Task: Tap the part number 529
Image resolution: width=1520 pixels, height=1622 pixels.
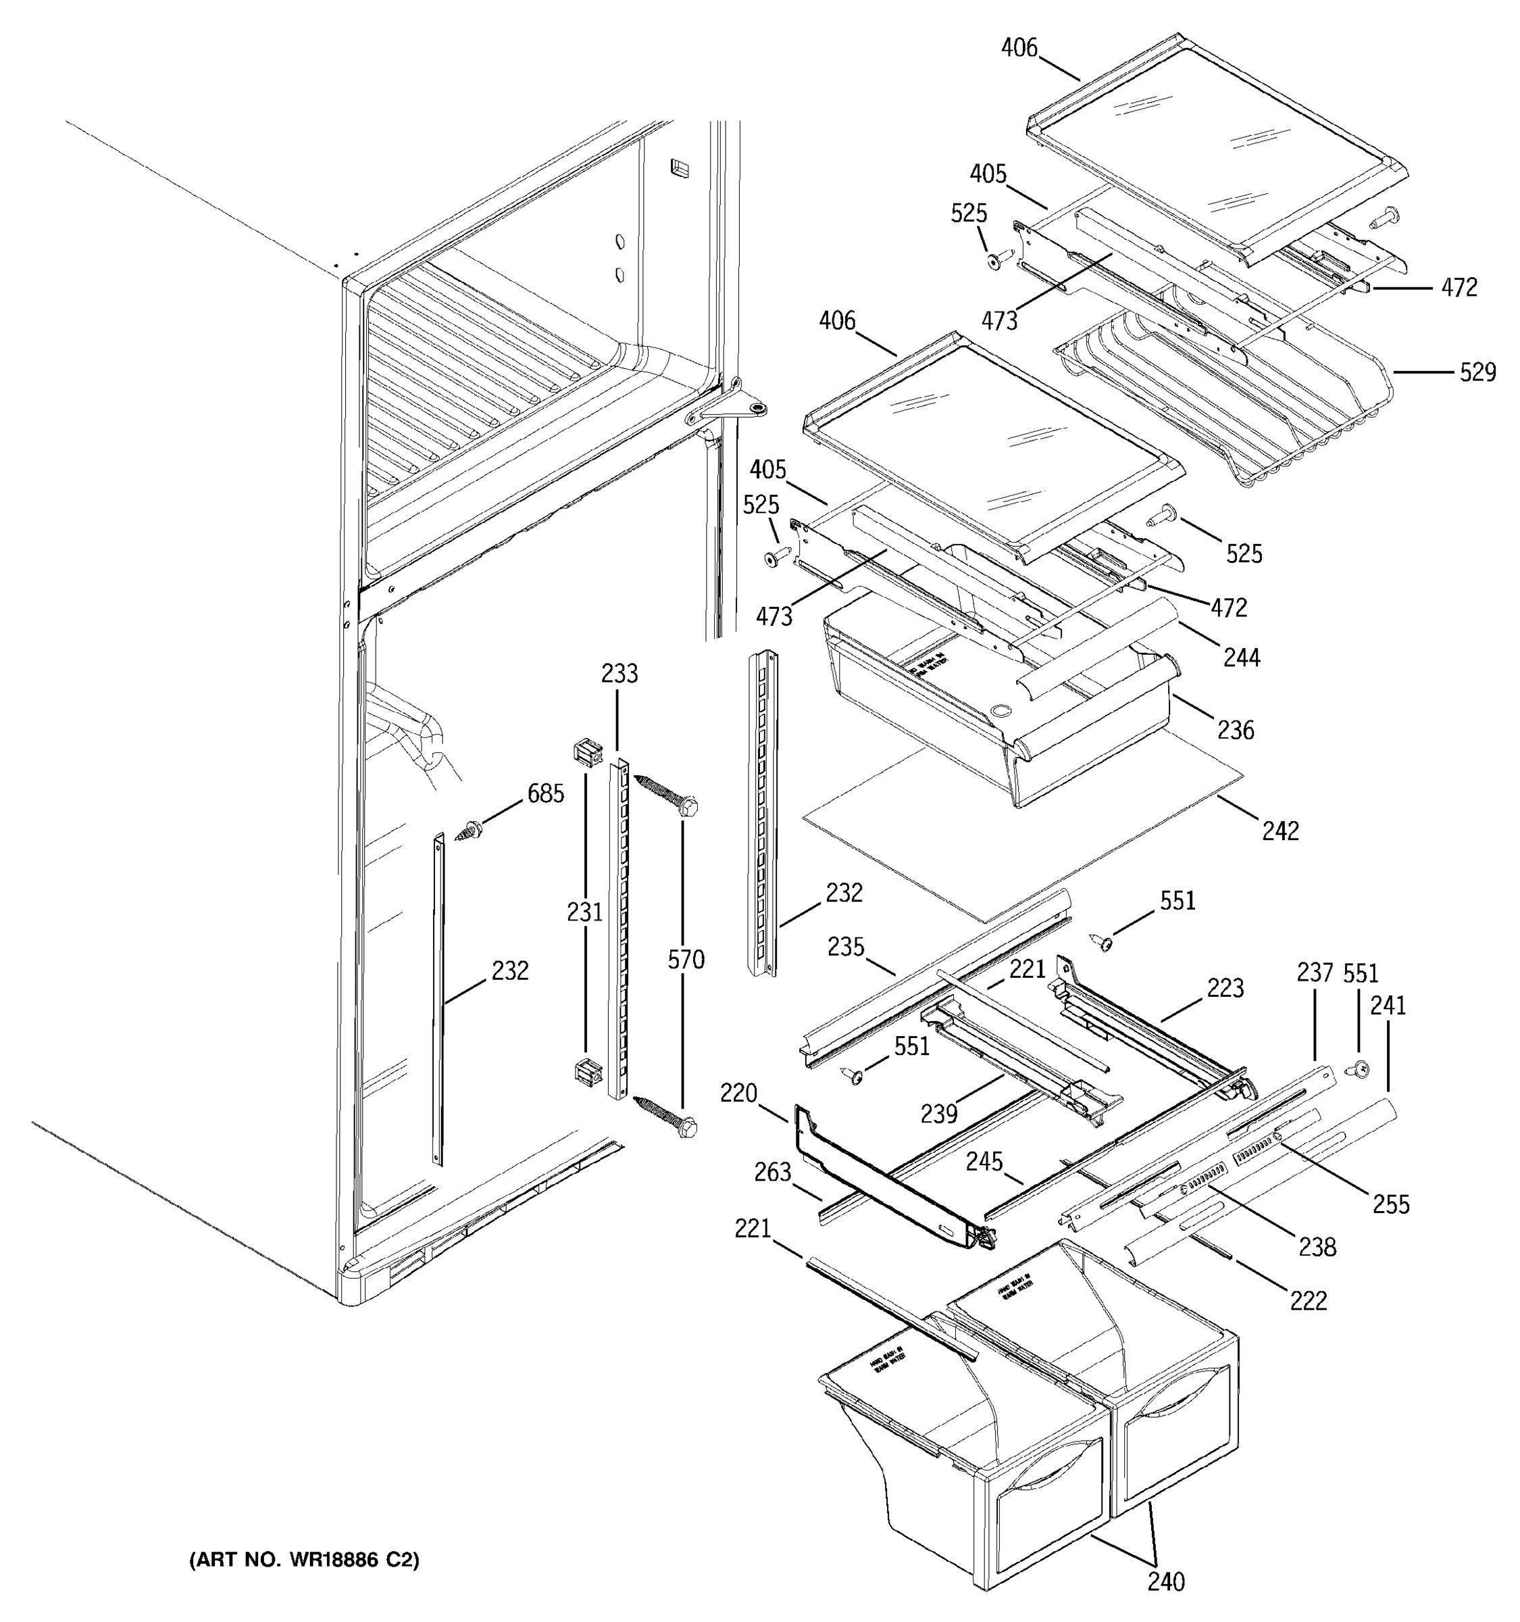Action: click(1477, 372)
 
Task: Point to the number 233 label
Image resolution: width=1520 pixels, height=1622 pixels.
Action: click(619, 674)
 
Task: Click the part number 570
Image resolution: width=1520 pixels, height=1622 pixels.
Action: click(686, 960)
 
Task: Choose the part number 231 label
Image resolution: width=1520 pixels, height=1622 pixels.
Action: click(584, 911)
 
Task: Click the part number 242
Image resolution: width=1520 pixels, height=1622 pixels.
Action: click(1280, 831)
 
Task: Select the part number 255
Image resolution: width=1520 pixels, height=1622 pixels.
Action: click(1391, 1204)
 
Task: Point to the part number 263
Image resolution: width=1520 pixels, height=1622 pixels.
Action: click(772, 1173)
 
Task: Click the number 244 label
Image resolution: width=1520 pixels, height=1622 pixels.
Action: click(1242, 657)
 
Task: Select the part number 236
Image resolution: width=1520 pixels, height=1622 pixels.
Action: click(1236, 729)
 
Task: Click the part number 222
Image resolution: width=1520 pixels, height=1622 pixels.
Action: click(1309, 1300)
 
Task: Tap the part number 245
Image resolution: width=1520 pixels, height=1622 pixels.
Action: click(984, 1161)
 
